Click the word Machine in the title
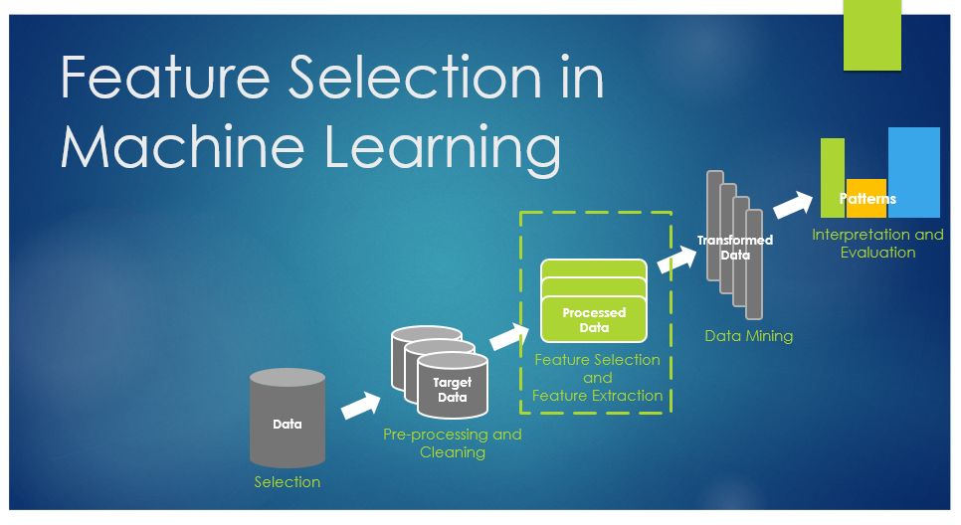182,146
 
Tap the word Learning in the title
443,150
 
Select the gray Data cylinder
288,419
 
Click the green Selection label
288,482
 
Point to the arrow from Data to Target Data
361,405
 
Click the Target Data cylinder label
453,390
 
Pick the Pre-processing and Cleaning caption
453,442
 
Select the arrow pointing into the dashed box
509,336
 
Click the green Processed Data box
594,301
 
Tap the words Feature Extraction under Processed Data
598,396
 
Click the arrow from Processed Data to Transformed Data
677,260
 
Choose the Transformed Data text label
735,248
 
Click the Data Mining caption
749,336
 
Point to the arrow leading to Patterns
793,205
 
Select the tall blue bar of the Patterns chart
914,172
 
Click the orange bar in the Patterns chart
866,199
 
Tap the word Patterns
867,199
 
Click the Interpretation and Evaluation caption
877,244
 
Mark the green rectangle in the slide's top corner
872,35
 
